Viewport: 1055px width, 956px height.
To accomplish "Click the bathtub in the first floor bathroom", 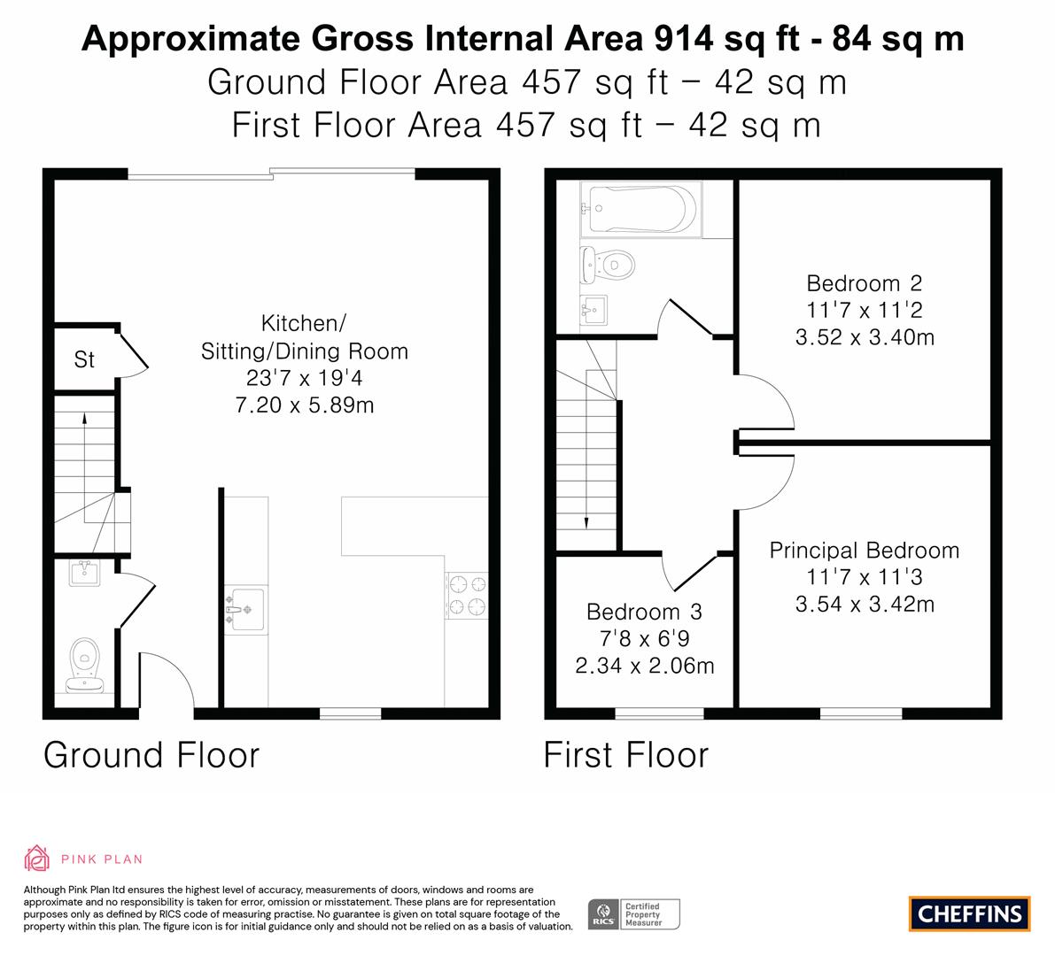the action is tap(641, 209).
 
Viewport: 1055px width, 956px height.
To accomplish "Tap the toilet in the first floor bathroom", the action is tap(608, 266).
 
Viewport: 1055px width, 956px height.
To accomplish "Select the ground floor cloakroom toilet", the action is tap(85, 665).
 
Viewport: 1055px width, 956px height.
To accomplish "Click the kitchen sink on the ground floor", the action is tap(245, 610).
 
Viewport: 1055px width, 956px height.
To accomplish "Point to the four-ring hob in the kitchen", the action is tap(466, 595).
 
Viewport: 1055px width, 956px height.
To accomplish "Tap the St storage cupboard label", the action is tap(84, 359).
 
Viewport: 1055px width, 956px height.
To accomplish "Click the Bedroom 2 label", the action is tap(864, 283).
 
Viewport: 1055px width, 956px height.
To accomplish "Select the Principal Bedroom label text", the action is tap(864, 551).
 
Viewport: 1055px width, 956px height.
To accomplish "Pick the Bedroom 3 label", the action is tap(644, 612).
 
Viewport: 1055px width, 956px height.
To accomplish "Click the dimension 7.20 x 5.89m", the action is tap(304, 405).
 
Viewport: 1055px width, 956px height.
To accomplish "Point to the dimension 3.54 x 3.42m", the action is tap(865, 604).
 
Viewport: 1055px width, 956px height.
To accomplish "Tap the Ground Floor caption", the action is tap(151, 754).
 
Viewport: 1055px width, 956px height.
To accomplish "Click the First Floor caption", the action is tap(625, 754).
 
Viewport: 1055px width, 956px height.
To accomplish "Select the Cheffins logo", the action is tap(970, 914).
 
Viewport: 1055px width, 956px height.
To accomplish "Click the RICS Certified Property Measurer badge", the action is tap(634, 914).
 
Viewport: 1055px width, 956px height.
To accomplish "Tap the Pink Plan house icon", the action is tap(36, 859).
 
